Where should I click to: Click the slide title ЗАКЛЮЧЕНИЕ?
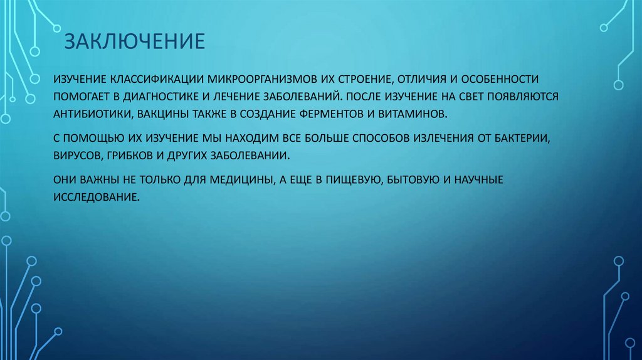[x=135, y=41]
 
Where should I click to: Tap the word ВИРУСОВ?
[x=78, y=154]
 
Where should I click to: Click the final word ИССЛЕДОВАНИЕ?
[x=95, y=196]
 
